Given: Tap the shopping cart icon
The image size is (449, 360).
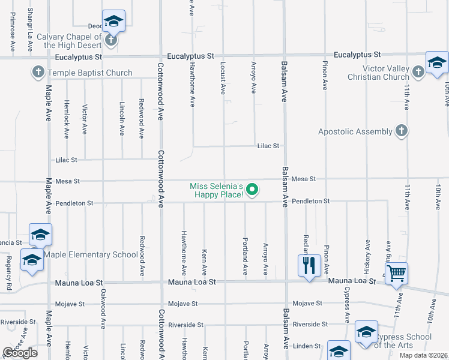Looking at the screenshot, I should pos(397,274).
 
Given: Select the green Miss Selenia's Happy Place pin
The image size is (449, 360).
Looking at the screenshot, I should pos(253,190).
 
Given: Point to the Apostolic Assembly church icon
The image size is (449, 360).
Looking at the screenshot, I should pos(402,131).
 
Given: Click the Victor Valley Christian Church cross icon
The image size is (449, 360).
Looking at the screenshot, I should pos(418,73).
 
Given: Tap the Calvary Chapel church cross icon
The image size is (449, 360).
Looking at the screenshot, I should pos(110,41).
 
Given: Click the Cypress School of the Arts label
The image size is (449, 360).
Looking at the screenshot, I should pos(403,341).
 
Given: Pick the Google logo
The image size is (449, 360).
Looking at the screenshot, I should pos(20,353).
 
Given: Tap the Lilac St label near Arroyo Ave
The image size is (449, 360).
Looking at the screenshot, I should pos(268,145).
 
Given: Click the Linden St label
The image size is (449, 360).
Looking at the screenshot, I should pos(307,346).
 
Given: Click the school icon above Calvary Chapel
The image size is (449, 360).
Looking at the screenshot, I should pos(113,21).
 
